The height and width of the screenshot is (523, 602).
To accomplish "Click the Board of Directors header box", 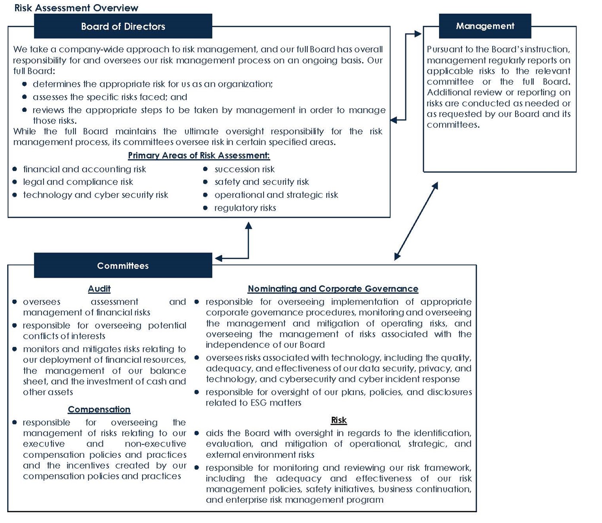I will click(123, 26).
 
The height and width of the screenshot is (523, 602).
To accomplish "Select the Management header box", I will click(485, 26).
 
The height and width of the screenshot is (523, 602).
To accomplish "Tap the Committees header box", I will click(123, 266).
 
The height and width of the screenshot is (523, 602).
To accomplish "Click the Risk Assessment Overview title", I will click(76, 8).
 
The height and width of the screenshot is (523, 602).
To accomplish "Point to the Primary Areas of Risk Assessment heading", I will click(199, 155).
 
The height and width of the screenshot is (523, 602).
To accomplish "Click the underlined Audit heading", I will click(99, 288).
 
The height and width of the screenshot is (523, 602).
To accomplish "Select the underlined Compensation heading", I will click(99, 409).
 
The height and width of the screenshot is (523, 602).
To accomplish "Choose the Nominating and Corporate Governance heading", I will click(333, 288).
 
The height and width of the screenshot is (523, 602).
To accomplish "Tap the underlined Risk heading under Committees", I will click(339, 420).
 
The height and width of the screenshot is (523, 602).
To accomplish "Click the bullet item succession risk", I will click(244, 169).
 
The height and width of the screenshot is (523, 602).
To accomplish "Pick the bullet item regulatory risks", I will click(245, 208).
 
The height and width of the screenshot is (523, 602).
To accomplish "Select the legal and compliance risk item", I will click(78, 182).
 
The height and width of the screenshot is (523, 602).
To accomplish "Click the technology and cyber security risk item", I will click(96, 195).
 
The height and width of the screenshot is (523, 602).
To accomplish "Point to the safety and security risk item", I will click(261, 182).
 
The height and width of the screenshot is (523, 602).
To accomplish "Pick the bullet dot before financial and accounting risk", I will click(15, 169).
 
